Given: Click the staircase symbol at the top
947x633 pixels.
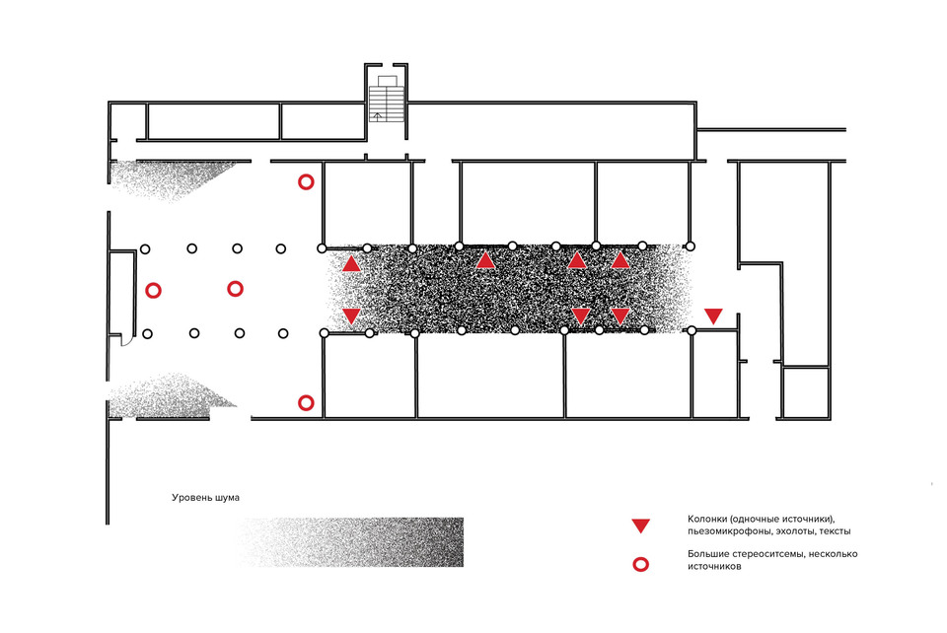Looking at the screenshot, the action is point(387,99).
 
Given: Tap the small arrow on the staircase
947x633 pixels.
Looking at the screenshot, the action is point(378,116).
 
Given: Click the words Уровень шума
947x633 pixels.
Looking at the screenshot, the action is point(205,498).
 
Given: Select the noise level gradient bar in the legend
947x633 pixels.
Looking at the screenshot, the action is point(351,542).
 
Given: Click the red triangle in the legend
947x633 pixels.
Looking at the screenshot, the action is point(641,526).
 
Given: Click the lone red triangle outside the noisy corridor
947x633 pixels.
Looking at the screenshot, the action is point(713,316).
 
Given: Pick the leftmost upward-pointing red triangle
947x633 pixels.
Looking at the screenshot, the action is point(351,263).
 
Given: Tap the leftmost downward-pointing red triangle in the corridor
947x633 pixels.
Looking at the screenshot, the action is point(351,316).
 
